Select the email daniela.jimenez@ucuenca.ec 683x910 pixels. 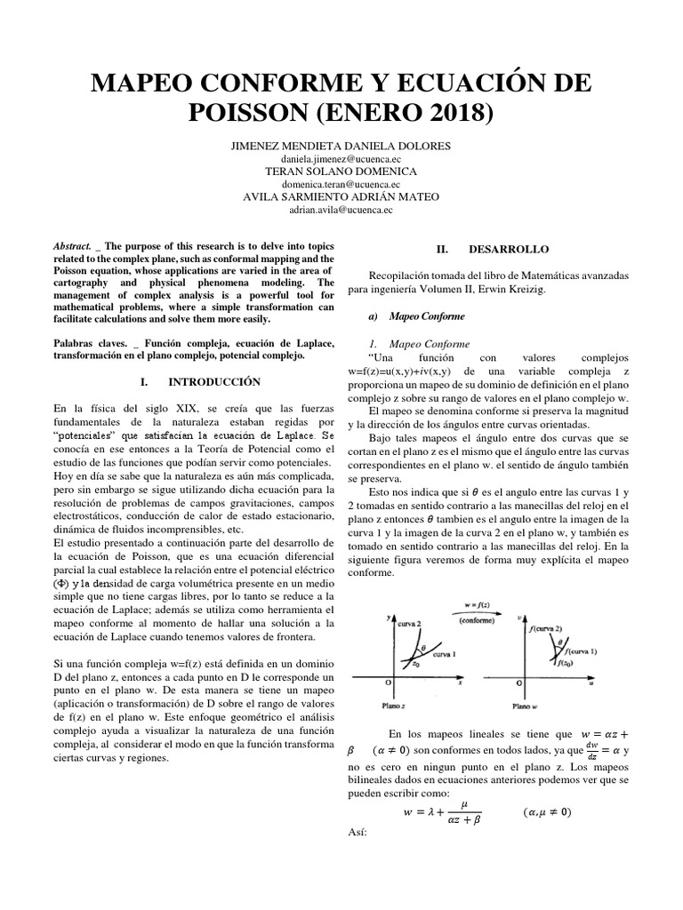click(x=341, y=158)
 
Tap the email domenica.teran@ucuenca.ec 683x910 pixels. click(x=341, y=184)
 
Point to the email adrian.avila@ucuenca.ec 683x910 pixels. click(x=341, y=211)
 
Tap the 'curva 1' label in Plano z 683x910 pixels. click(x=446, y=654)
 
